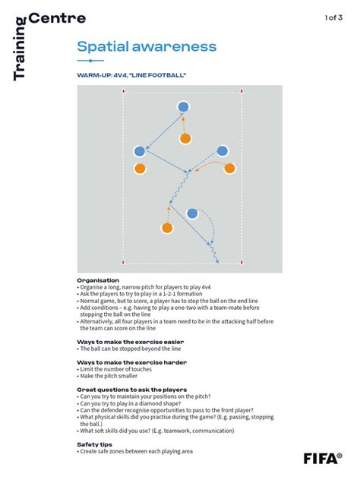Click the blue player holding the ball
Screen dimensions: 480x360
[x=183, y=107]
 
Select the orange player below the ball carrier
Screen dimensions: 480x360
[x=185, y=138]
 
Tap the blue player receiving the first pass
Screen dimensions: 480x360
[x=139, y=151]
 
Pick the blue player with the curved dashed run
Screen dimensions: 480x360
[x=192, y=213]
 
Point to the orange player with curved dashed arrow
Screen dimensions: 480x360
[x=229, y=169]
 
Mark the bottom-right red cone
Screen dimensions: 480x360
[x=242, y=264]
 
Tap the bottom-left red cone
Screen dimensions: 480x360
[x=124, y=264]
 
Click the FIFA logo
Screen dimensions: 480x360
[x=322, y=458]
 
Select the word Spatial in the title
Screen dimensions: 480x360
[x=102, y=46]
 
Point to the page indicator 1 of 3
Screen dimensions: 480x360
[x=334, y=17]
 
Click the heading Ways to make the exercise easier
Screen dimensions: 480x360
[x=130, y=342]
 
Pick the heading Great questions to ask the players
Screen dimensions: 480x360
[x=132, y=390]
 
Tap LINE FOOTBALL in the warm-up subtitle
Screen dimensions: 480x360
[x=163, y=75]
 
